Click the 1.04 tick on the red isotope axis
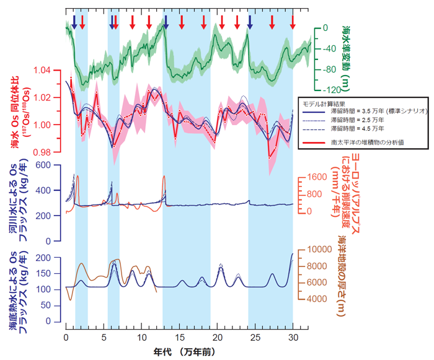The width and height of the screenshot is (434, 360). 45,71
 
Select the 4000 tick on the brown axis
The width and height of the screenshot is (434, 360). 314,299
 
